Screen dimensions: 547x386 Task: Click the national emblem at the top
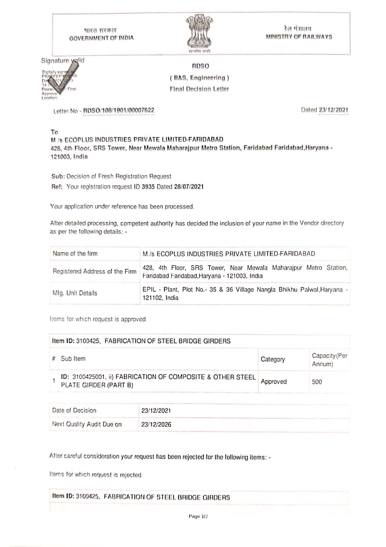coord(199,33)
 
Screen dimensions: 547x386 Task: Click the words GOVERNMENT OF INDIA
coord(101,38)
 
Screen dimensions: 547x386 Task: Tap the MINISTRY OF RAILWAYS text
coord(299,37)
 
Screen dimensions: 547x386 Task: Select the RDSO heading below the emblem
coord(200,66)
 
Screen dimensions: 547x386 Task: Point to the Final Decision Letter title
coord(199,89)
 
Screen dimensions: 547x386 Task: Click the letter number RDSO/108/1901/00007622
coord(119,110)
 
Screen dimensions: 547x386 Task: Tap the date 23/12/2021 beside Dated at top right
coord(333,110)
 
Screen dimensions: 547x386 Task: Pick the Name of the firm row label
coord(75,254)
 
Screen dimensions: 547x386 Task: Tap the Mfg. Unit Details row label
coord(75,293)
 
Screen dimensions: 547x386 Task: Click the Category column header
coord(273,359)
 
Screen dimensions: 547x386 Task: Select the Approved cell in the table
coord(274,381)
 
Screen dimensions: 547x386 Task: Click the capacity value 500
coord(317,382)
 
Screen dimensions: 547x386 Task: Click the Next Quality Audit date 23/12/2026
coord(156,425)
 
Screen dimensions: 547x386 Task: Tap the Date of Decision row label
coord(74,410)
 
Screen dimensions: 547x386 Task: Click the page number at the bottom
coord(198,516)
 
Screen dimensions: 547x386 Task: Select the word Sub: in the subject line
coord(58,176)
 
